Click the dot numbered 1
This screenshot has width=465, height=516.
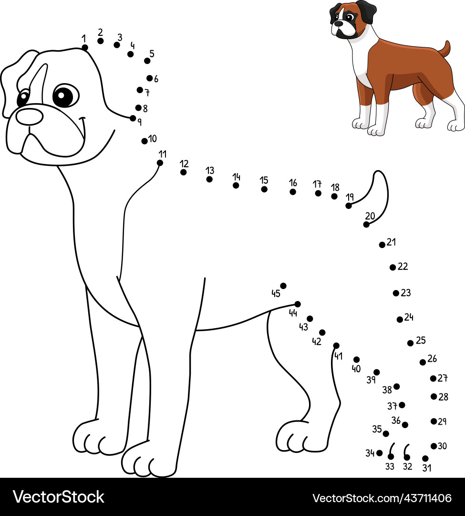tap(85, 48)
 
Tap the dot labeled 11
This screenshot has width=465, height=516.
tap(160, 163)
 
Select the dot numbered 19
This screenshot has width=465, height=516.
tap(349, 205)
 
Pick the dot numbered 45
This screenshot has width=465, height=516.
tap(283, 286)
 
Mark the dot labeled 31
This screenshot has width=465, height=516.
tap(425, 458)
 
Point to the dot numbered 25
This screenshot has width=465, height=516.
tap(410, 343)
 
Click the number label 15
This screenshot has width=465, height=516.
tap(264, 180)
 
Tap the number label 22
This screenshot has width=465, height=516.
tap(403, 266)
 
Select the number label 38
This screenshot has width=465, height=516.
tap(387, 390)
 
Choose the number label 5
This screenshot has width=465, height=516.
tap(152, 54)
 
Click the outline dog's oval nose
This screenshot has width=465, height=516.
tap(30, 117)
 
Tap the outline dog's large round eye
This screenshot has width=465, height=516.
tap(66, 96)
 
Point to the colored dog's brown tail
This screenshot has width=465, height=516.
tap(444, 49)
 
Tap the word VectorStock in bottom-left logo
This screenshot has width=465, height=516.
tap(59, 497)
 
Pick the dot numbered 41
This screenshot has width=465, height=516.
tap(336, 345)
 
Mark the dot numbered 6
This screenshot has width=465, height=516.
tap(149, 78)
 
